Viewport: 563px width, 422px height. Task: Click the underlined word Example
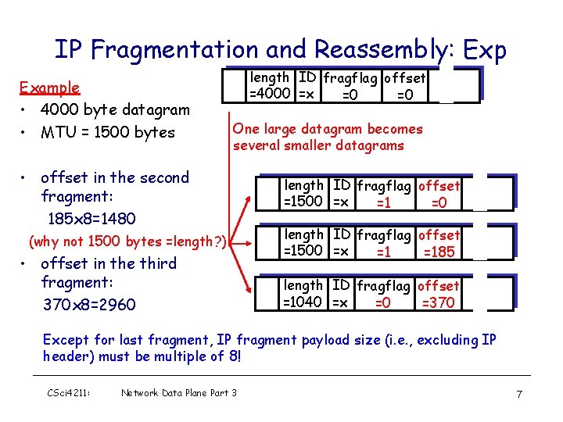(49, 88)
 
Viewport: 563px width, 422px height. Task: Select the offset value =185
(439, 252)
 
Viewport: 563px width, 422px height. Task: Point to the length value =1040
(303, 302)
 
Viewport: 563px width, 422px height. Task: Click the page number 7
(519, 394)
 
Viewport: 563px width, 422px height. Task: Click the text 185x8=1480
(91, 218)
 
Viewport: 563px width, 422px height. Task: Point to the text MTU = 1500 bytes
(107, 132)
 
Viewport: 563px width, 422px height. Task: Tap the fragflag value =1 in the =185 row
(382, 252)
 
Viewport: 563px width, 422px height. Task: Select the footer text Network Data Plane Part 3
(178, 393)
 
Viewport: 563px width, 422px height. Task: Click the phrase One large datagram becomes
(327, 129)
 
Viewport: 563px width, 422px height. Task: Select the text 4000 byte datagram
(115, 109)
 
